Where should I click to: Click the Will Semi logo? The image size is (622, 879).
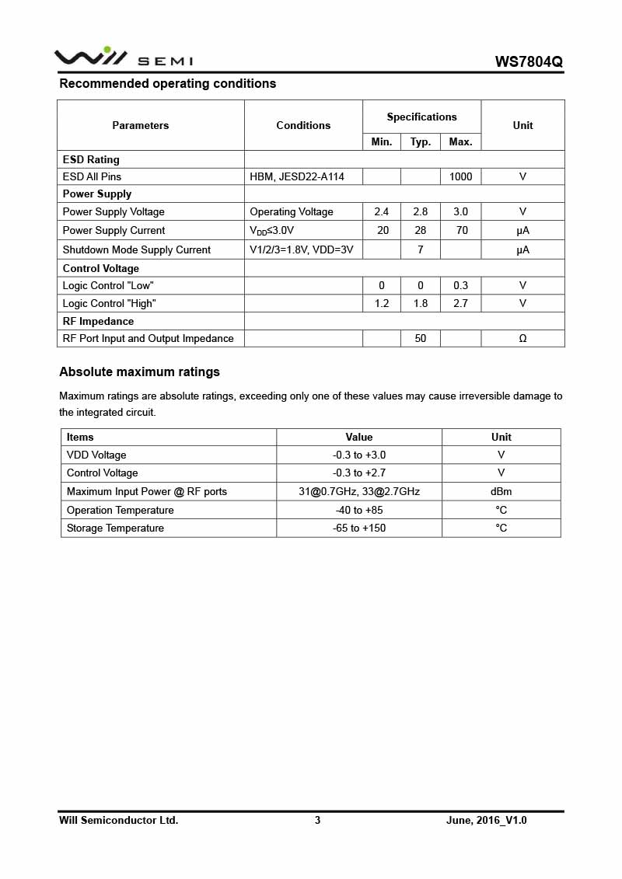tap(123, 57)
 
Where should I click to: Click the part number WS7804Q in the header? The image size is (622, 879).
tap(529, 61)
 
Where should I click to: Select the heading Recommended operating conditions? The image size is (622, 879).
tap(167, 83)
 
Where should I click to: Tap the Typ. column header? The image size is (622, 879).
tap(421, 141)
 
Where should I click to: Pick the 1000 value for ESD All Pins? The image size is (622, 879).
tap(460, 176)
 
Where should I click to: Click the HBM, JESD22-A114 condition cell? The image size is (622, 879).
tap(296, 176)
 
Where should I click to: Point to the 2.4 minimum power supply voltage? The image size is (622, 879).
tap(381, 211)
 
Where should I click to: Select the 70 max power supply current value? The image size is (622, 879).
tap(460, 230)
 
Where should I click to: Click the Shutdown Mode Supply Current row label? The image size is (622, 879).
tap(136, 249)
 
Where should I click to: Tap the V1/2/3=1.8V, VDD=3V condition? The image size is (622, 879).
tap(301, 249)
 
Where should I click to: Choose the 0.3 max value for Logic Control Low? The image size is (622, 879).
tap(460, 285)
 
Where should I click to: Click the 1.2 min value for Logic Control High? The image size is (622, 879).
tap(381, 303)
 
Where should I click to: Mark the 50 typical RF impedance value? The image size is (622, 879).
tap(421, 338)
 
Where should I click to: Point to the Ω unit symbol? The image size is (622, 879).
tap(522, 338)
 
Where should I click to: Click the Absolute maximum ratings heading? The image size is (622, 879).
tap(139, 371)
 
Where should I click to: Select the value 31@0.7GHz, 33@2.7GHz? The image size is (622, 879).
tap(359, 491)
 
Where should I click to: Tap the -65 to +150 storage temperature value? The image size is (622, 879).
tap(359, 528)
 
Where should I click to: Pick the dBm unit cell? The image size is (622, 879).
tap(501, 491)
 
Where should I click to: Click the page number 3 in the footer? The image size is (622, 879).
tap(317, 820)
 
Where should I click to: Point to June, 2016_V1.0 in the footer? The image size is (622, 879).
tap(486, 820)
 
